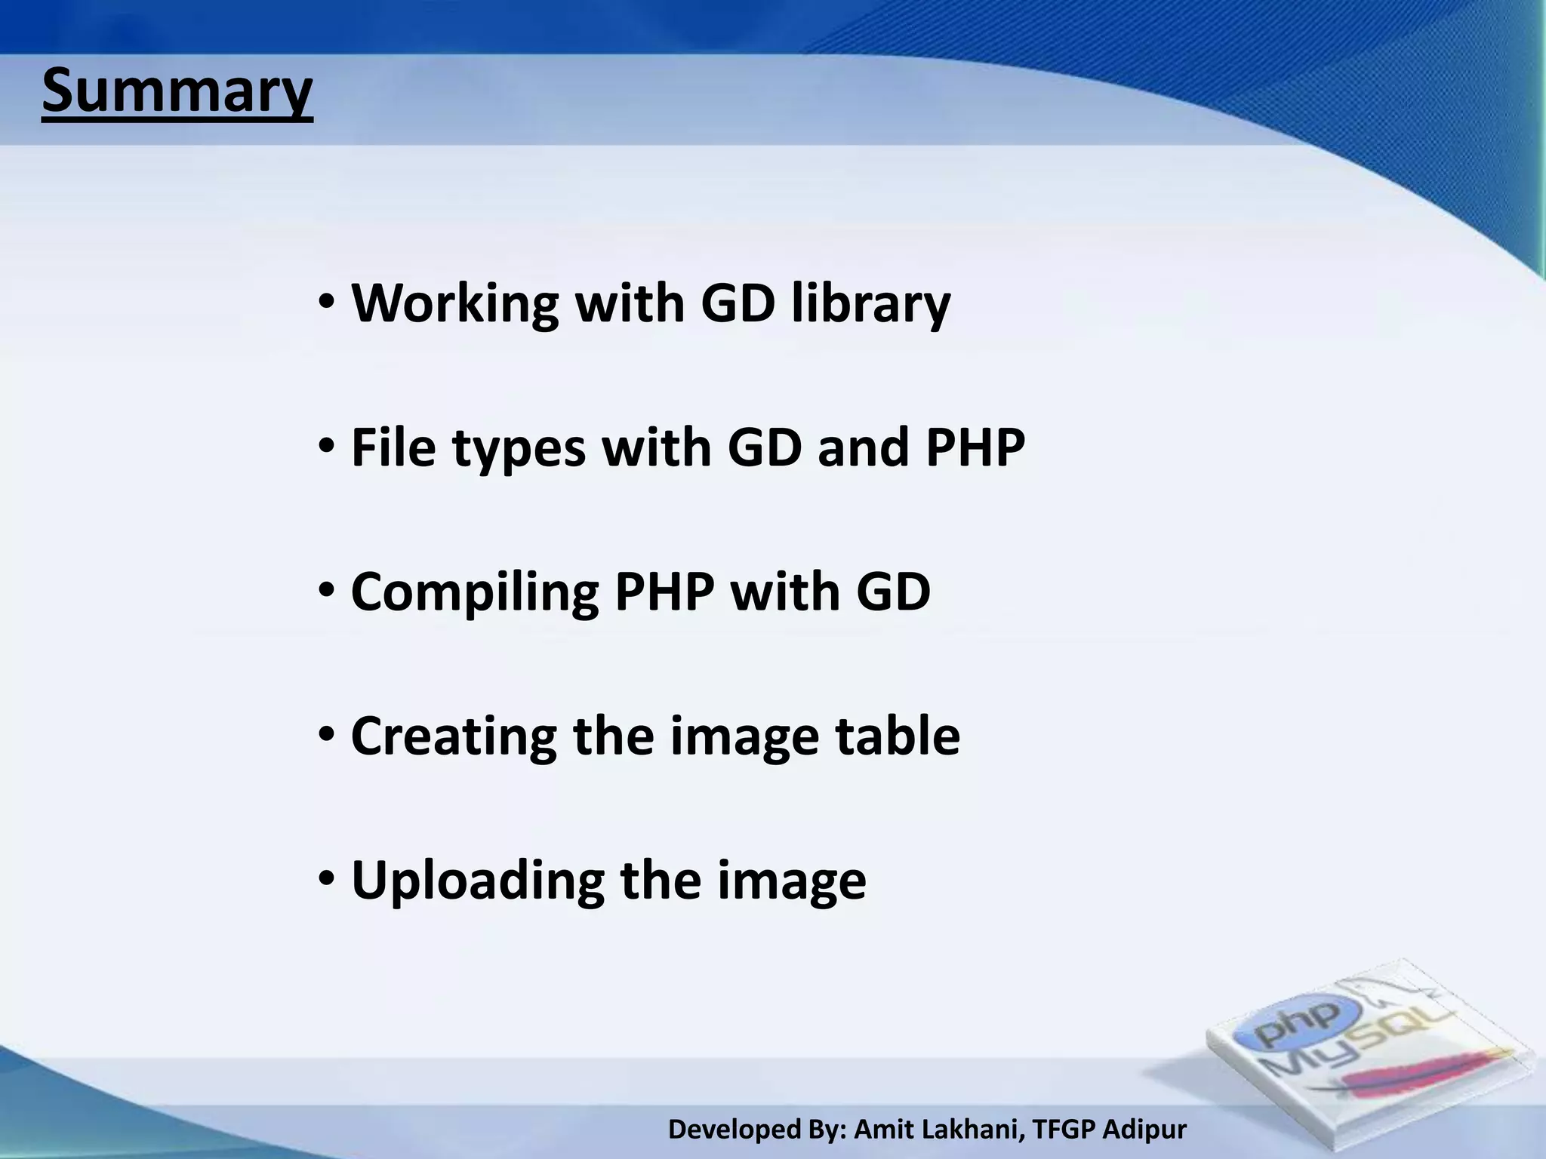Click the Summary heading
coord(177,91)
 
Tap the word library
coord(870,303)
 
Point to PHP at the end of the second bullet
coord(975,447)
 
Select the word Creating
coord(453,737)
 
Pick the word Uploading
coord(477,881)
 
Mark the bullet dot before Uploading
coord(326,880)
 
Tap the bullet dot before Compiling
coord(326,592)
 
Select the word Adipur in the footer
coord(1144,1130)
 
